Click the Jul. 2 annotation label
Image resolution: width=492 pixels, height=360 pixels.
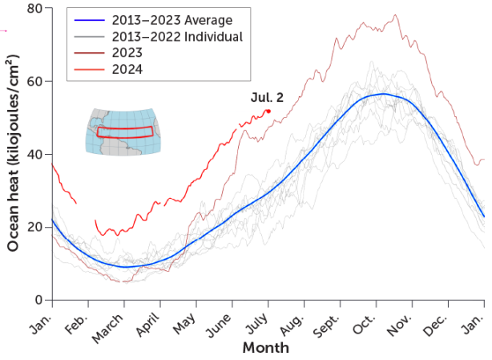tap(266, 97)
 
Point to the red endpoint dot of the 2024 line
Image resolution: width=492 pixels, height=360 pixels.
tap(268, 111)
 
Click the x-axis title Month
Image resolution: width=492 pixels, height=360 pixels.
tap(265, 349)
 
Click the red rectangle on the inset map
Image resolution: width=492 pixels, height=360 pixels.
tap(124, 132)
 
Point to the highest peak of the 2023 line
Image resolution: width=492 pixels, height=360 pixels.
tap(395, 15)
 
